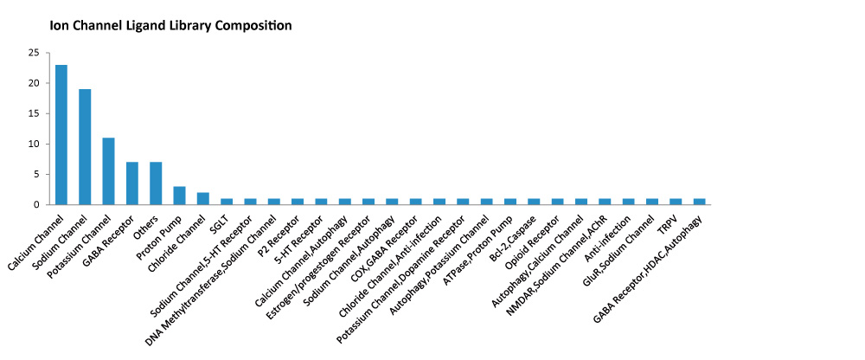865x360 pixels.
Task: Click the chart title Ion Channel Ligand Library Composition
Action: tap(170, 25)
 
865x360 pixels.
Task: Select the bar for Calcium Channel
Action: tap(61, 135)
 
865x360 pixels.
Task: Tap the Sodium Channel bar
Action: tap(85, 147)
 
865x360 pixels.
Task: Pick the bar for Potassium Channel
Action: tap(109, 171)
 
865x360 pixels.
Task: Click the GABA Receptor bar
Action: tap(131, 183)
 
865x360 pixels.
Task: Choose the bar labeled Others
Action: tap(156, 183)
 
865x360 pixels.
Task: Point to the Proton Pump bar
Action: tap(179, 196)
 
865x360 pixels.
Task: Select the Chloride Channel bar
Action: tap(203, 199)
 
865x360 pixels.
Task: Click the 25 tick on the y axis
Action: tap(35, 53)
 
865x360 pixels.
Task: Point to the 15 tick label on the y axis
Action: tap(35, 113)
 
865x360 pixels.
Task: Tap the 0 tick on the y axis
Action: tap(37, 205)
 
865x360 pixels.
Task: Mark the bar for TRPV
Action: tap(676, 202)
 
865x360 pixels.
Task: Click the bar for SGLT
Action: tap(227, 202)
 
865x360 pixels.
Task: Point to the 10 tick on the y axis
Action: tap(35, 145)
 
